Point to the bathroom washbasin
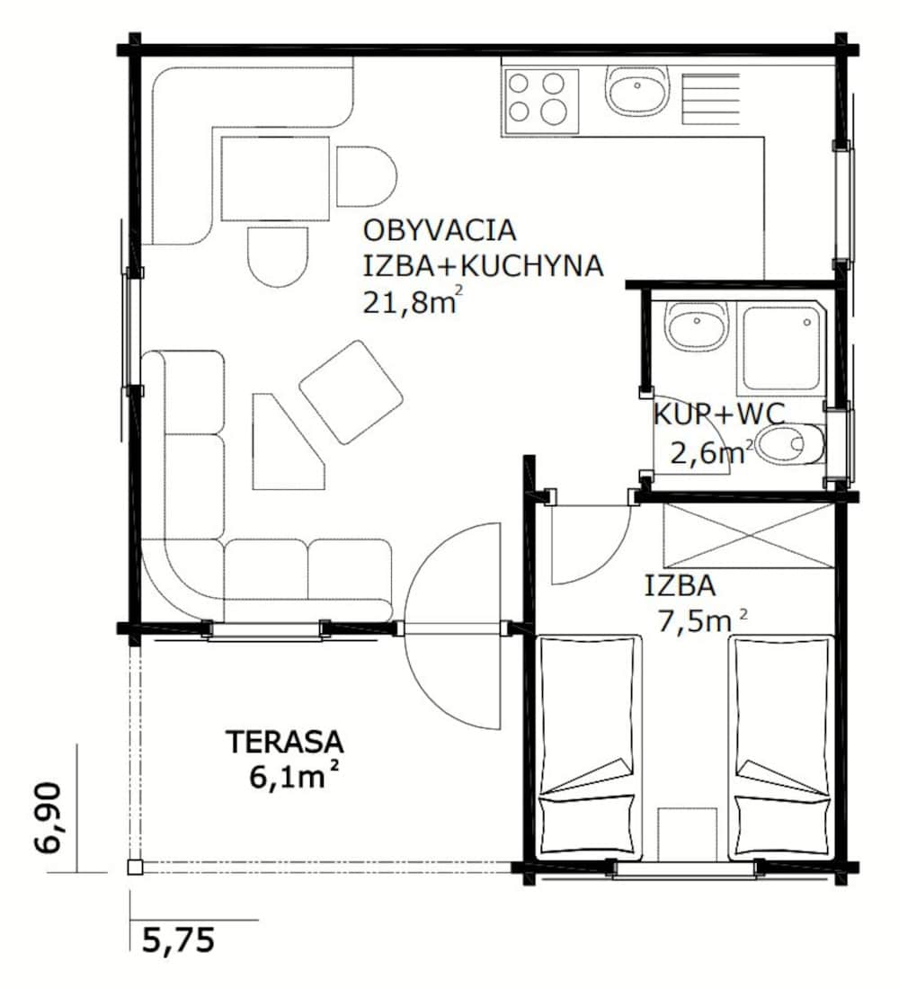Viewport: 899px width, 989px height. click(x=698, y=328)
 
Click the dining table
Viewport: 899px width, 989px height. click(x=275, y=179)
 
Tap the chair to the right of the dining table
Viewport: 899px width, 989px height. click(x=366, y=176)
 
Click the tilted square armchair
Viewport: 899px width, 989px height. click(x=351, y=392)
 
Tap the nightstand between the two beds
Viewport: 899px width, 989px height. click(x=687, y=833)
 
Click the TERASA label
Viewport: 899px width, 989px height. click(x=285, y=743)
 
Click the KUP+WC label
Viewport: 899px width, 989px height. click(x=718, y=414)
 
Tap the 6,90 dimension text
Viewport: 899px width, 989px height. click(x=48, y=817)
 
